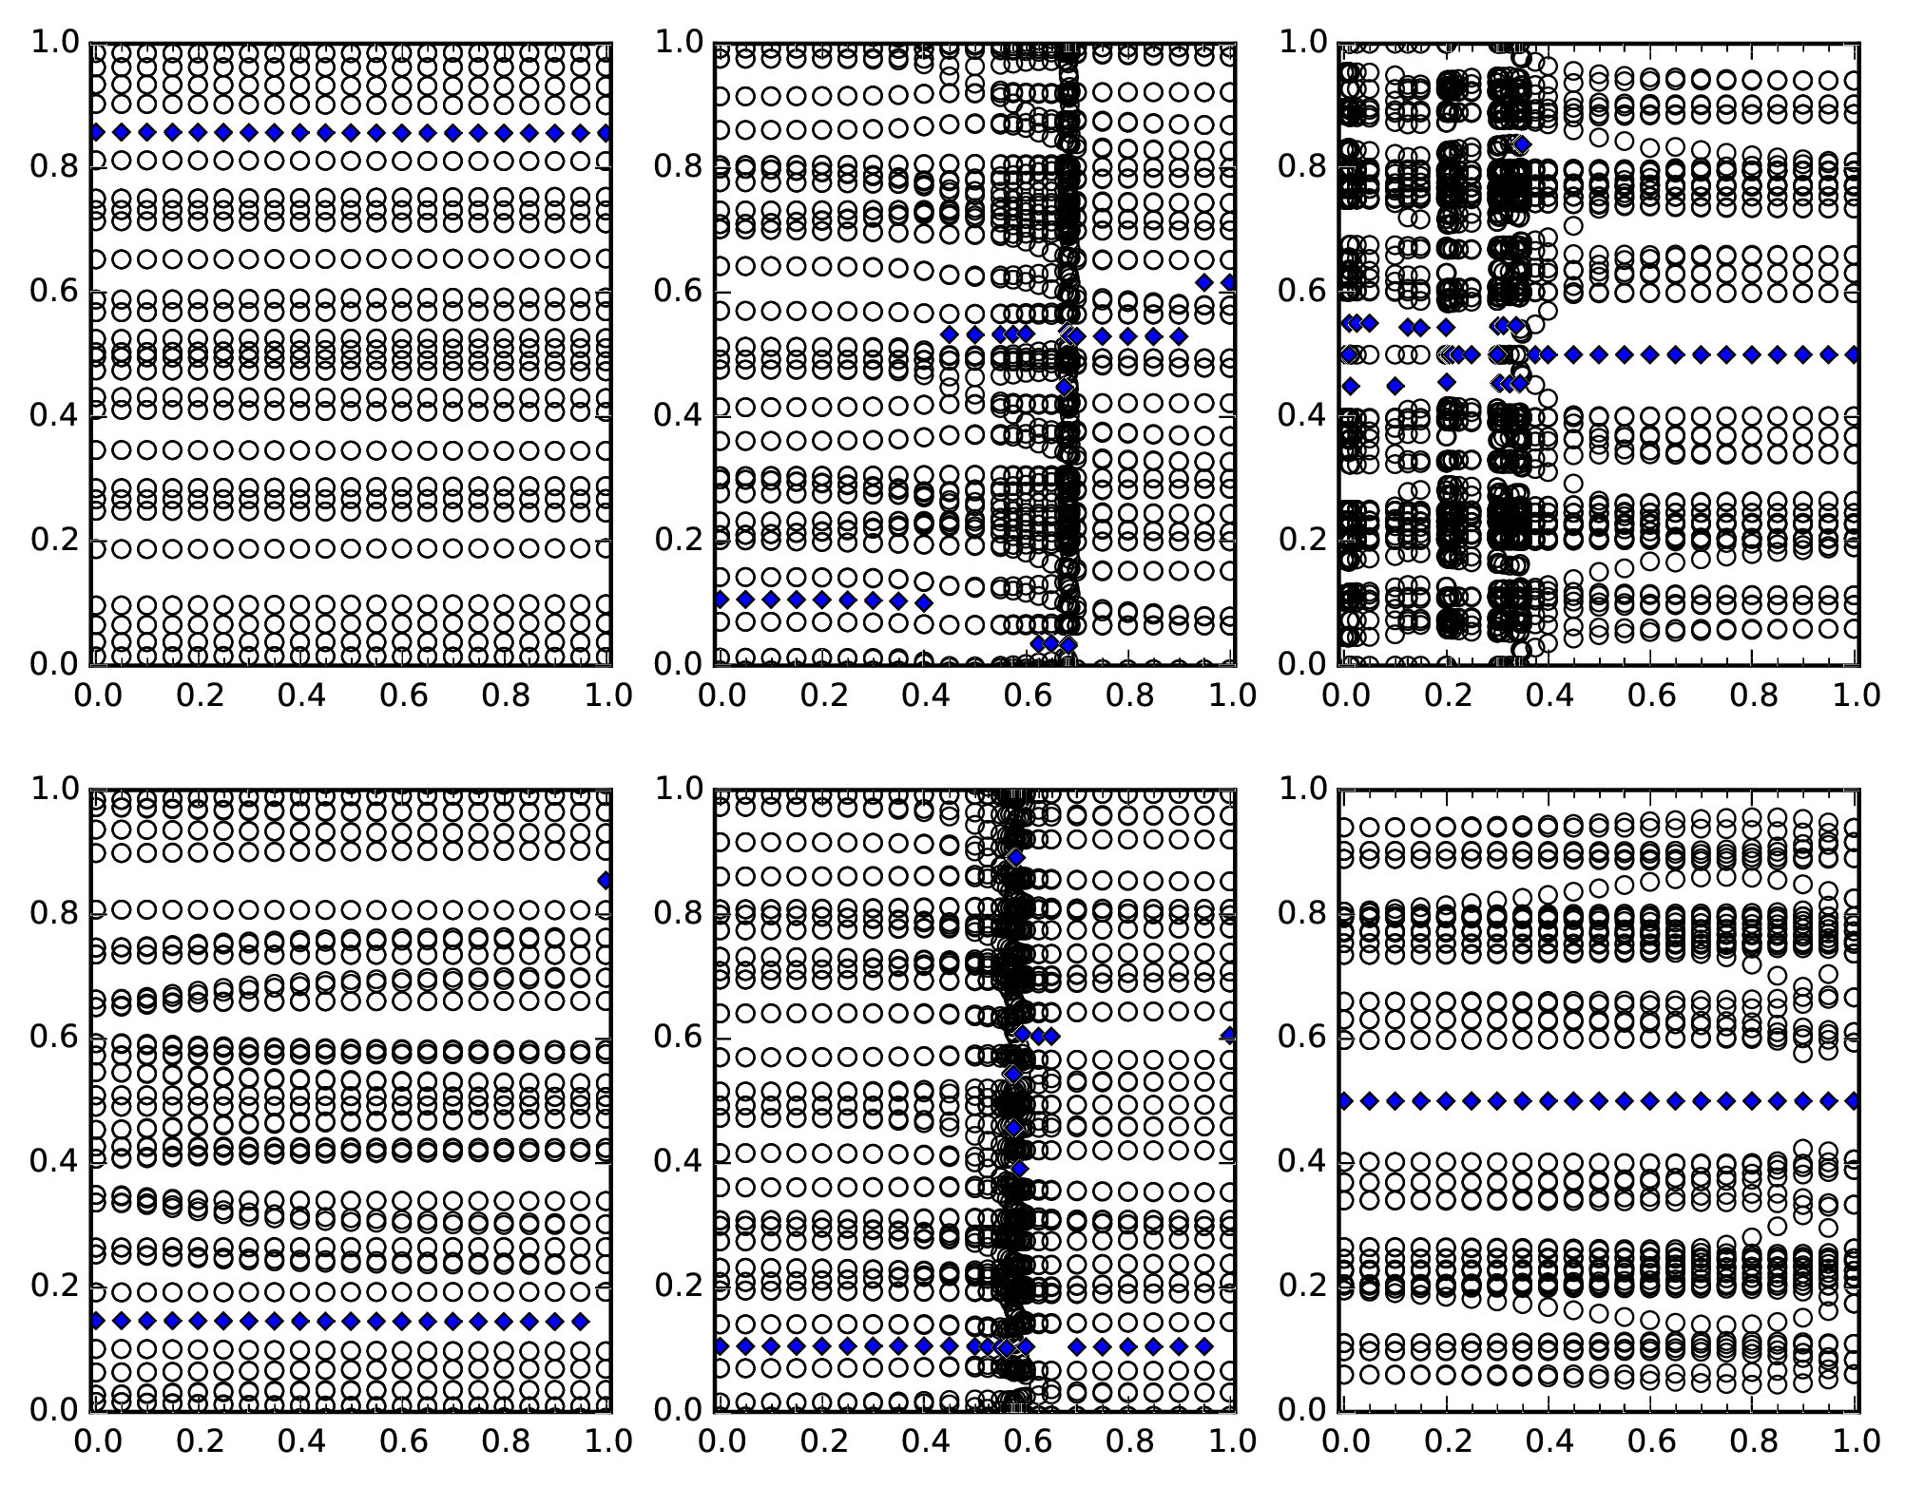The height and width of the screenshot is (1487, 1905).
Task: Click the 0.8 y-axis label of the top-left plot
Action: point(55,167)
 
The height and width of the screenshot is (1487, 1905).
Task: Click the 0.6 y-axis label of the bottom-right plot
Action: point(1302,1038)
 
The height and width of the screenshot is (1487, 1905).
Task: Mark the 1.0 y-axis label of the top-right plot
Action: point(1302,43)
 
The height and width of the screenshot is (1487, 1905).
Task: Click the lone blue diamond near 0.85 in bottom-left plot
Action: point(605,881)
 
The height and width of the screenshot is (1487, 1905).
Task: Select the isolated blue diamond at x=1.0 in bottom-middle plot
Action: point(1231,1036)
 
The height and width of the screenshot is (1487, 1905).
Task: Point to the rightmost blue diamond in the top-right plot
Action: point(1854,354)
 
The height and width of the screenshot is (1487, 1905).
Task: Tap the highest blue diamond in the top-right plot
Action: point(1522,144)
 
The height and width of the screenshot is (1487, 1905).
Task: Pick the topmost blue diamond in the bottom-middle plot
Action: point(1016,858)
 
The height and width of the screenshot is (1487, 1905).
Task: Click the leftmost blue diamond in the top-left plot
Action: point(96,132)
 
